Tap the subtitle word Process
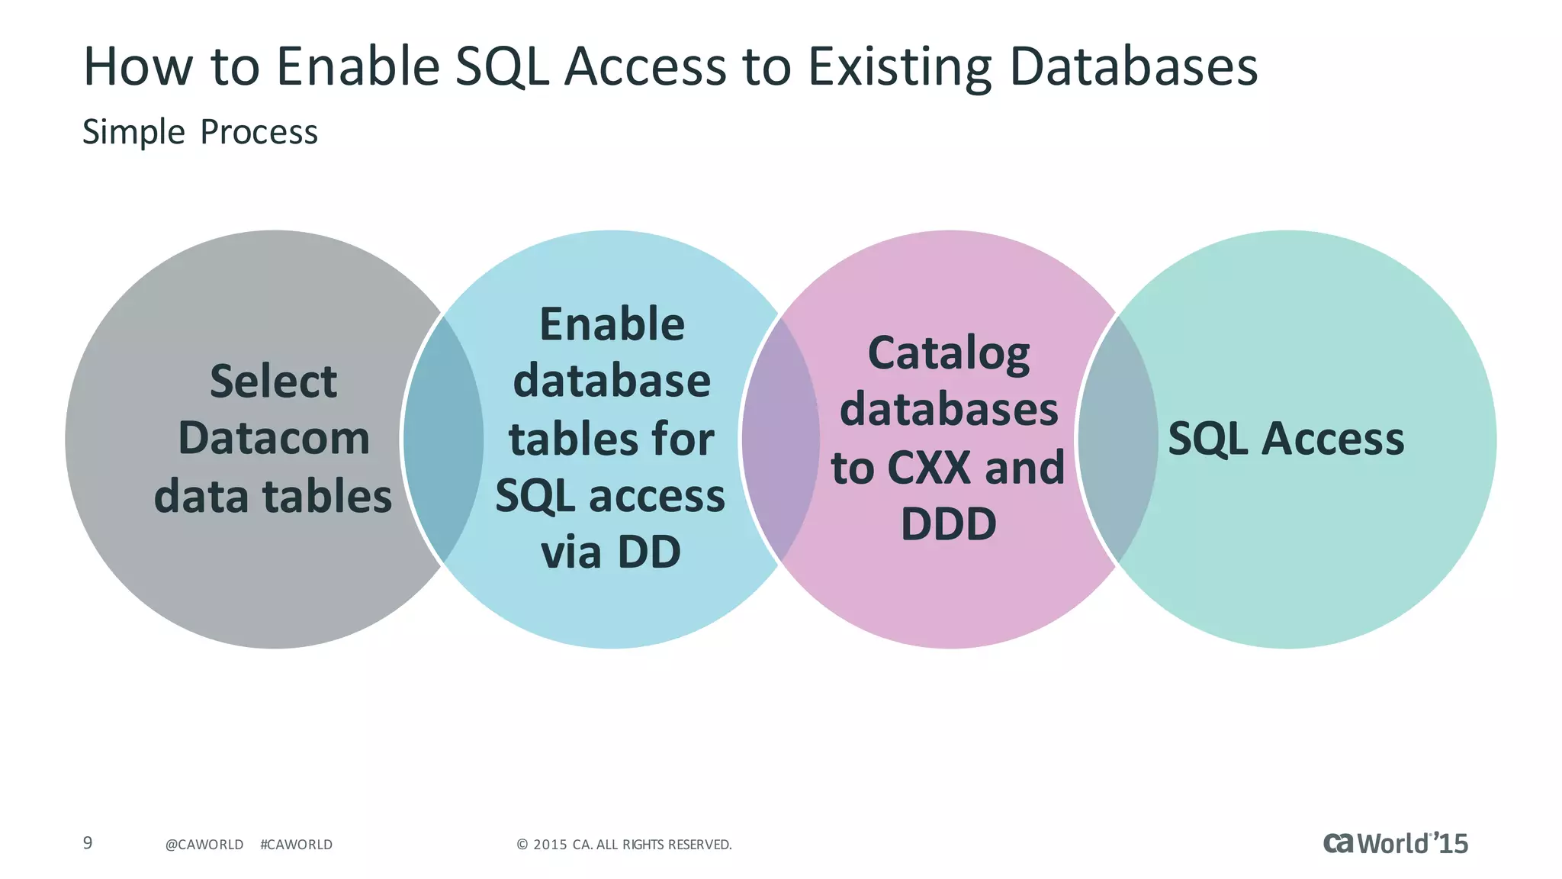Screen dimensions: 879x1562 [x=259, y=132]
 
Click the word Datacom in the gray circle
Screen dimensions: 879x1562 [x=274, y=439]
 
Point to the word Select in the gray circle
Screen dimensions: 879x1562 [x=273, y=381]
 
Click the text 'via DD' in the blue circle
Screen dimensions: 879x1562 [x=610, y=552]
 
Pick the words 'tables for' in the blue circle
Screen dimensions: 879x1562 [x=611, y=439]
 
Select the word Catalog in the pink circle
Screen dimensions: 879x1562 [x=949, y=353]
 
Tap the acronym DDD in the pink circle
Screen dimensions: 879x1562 [x=949, y=524]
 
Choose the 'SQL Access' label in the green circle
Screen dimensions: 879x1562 [x=1286, y=439]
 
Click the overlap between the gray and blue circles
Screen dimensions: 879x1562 [x=443, y=439]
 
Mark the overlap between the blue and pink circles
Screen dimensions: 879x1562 [x=780, y=439]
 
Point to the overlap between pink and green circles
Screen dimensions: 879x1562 [x=1117, y=439]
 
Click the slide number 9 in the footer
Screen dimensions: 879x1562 [x=88, y=842]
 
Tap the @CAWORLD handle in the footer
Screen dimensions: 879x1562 [x=204, y=845]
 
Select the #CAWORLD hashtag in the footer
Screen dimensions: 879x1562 [x=296, y=845]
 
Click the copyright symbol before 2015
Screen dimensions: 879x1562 [x=522, y=845]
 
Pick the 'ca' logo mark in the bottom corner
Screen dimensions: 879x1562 [x=1339, y=842]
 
